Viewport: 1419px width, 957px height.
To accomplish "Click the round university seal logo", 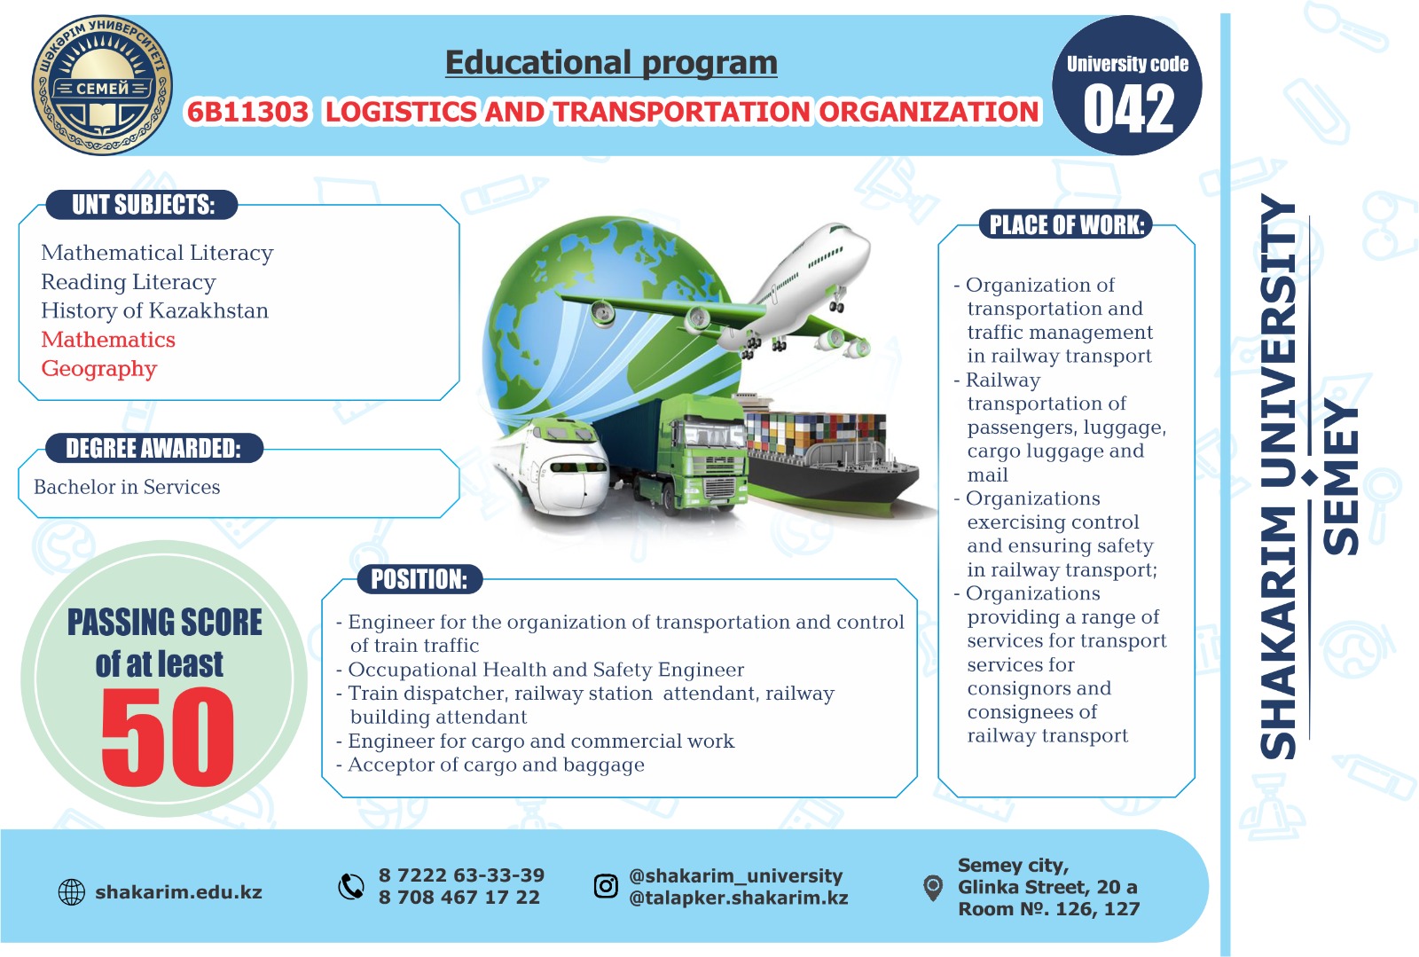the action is click(x=102, y=85).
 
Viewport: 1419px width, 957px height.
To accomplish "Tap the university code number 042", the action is click(x=1128, y=110).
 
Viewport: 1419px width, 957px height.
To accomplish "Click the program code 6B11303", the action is click(x=247, y=112).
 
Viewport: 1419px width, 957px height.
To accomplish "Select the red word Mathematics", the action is click(x=108, y=340).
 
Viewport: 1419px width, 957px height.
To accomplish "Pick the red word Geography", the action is click(x=98, y=369).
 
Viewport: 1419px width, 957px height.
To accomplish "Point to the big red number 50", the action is click(x=168, y=736).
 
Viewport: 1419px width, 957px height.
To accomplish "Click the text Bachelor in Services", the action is click(x=127, y=487).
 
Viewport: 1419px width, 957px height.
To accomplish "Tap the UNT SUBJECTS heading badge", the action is click(x=143, y=205).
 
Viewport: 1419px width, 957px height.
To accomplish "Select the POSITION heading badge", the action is click(x=419, y=579).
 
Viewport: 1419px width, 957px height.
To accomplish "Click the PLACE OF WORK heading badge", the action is click(x=1066, y=224).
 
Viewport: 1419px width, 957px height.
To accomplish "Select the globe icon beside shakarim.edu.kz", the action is click(x=72, y=892).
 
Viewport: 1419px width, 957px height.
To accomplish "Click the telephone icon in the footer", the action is click(x=351, y=887).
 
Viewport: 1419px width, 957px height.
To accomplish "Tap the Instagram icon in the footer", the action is click(x=606, y=885).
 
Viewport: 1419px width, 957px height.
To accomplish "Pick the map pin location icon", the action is click(x=932, y=888).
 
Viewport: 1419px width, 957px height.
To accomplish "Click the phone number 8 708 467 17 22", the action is click(x=459, y=898).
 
